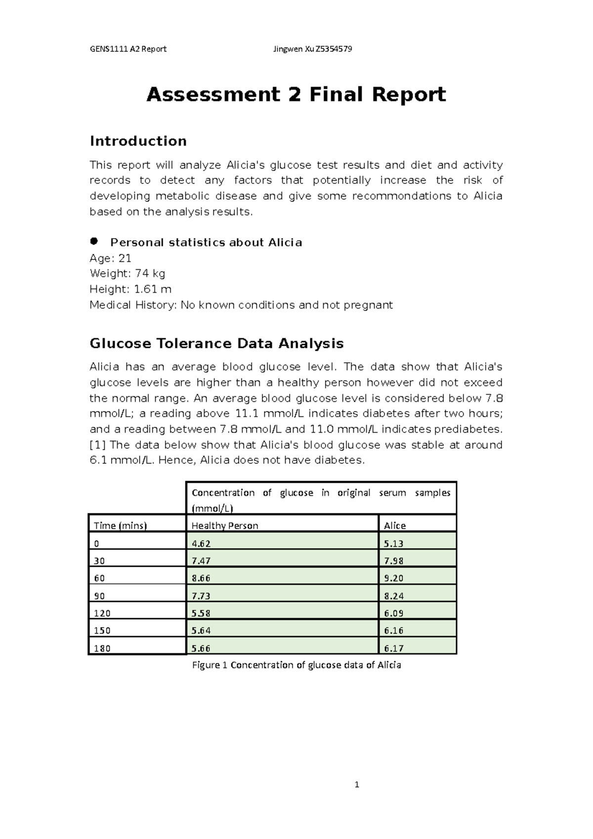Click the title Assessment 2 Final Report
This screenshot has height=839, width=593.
click(x=296, y=94)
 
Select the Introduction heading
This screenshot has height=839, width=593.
click(x=138, y=141)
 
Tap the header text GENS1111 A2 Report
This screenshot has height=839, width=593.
click(x=128, y=49)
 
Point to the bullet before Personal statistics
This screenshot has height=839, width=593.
click(x=94, y=241)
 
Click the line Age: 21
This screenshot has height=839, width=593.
click(x=110, y=258)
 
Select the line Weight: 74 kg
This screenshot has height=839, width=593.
click(x=127, y=273)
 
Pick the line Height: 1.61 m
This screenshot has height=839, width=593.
click(x=130, y=289)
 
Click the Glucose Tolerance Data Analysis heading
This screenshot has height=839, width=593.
click(x=216, y=343)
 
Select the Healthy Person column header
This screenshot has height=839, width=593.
click(x=225, y=526)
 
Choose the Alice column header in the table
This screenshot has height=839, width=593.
click(x=395, y=526)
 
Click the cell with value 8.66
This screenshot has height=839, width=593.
click(x=201, y=578)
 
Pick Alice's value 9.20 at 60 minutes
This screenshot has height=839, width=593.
click(x=393, y=578)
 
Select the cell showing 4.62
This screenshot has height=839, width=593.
click(x=201, y=544)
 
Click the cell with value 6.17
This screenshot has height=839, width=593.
click(x=393, y=648)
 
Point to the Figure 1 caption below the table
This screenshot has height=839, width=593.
click(x=296, y=665)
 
